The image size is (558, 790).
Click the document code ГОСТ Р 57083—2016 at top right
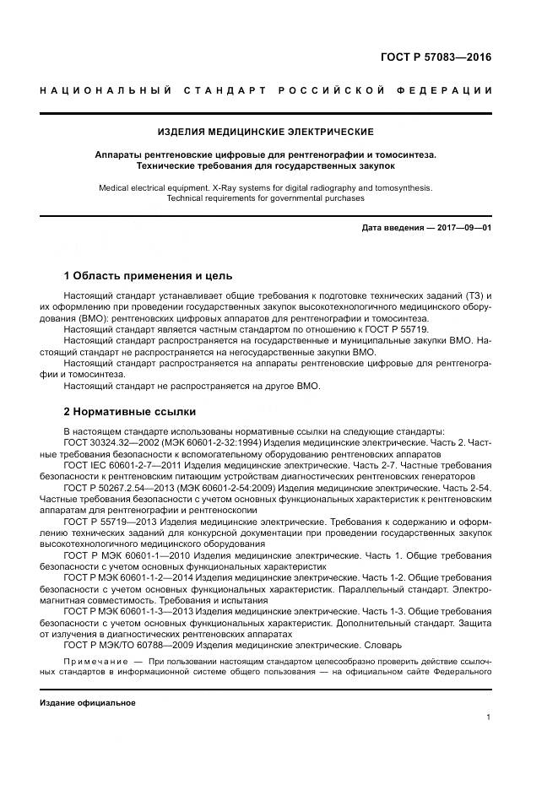click(x=436, y=58)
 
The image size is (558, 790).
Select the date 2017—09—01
click(x=461, y=228)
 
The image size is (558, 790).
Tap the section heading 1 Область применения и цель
click(x=148, y=276)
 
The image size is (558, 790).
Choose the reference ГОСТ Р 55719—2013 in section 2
click(x=107, y=522)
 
